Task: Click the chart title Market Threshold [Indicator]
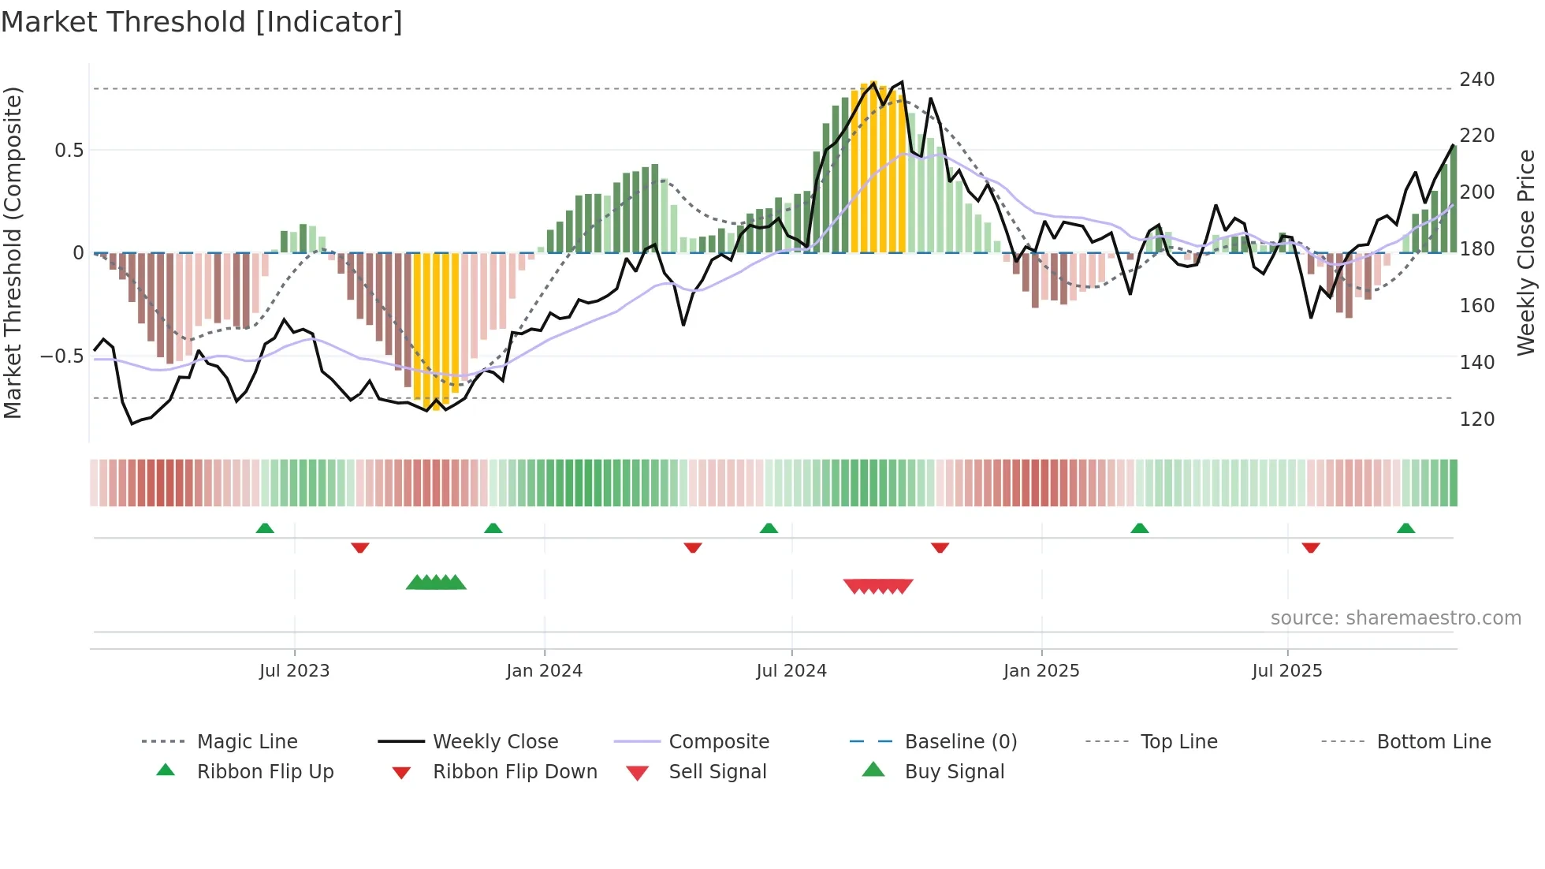(x=202, y=22)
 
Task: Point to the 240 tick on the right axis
(x=1476, y=80)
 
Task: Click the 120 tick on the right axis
(x=1476, y=419)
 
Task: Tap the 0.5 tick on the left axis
(x=69, y=150)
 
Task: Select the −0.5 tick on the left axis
(x=62, y=356)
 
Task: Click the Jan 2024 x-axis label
(x=544, y=671)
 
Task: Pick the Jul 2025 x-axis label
(x=1286, y=671)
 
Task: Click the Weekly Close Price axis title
(x=1526, y=252)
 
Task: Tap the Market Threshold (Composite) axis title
(x=13, y=252)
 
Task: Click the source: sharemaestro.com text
(x=1395, y=618)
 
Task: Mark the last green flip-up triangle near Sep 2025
(x=1405, y=528)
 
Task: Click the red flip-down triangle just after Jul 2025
(x=1311, y=547)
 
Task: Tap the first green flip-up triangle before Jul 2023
(x=265, y=528)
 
